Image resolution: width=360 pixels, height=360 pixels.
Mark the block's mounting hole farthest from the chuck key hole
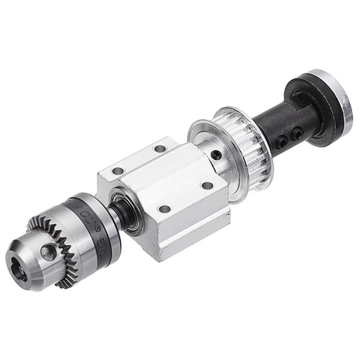[158, 148]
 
